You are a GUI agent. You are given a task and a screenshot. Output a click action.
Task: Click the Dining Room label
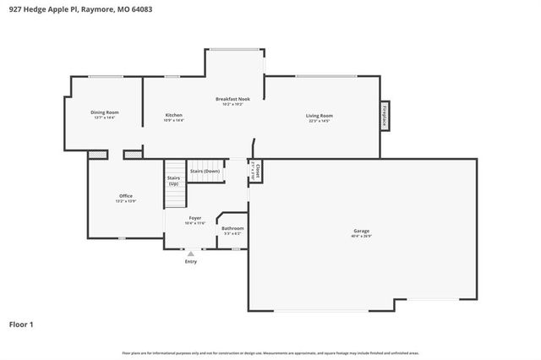click(x=105, y=112)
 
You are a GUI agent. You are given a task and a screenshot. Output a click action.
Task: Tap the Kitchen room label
click(x=173, y=115)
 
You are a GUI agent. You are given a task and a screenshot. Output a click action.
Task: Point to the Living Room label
click(x=319, y=116)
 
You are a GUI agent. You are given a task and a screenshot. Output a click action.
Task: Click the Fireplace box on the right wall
click(x=385, y=117)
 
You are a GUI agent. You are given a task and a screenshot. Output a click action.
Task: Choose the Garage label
click(x=361, y=231)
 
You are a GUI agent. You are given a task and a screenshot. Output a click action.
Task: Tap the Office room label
click(x=125, y=196)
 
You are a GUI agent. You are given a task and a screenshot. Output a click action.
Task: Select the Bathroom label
click(x=232, y=228)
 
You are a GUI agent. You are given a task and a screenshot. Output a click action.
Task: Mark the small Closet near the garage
click(x=254, y=171)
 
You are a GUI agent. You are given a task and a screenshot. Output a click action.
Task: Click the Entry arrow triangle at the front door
click(x=190, y=253)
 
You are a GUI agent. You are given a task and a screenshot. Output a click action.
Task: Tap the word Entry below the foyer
click(x=190, y=261)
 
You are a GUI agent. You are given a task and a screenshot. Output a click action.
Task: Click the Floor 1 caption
click(x=21, y=323)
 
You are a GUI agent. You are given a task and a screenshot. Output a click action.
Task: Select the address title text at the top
click(x=71, y=7)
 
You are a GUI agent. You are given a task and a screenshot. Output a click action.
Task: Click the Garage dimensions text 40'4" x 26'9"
click(x=361, y=236)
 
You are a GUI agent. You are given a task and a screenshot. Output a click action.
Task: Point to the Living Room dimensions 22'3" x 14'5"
click(x=319, y=121)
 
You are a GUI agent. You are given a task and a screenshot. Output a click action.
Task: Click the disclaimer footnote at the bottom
click(x=270, y=352)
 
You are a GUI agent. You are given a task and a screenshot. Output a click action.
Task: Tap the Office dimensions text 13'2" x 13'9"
click(x=125, y=201)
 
